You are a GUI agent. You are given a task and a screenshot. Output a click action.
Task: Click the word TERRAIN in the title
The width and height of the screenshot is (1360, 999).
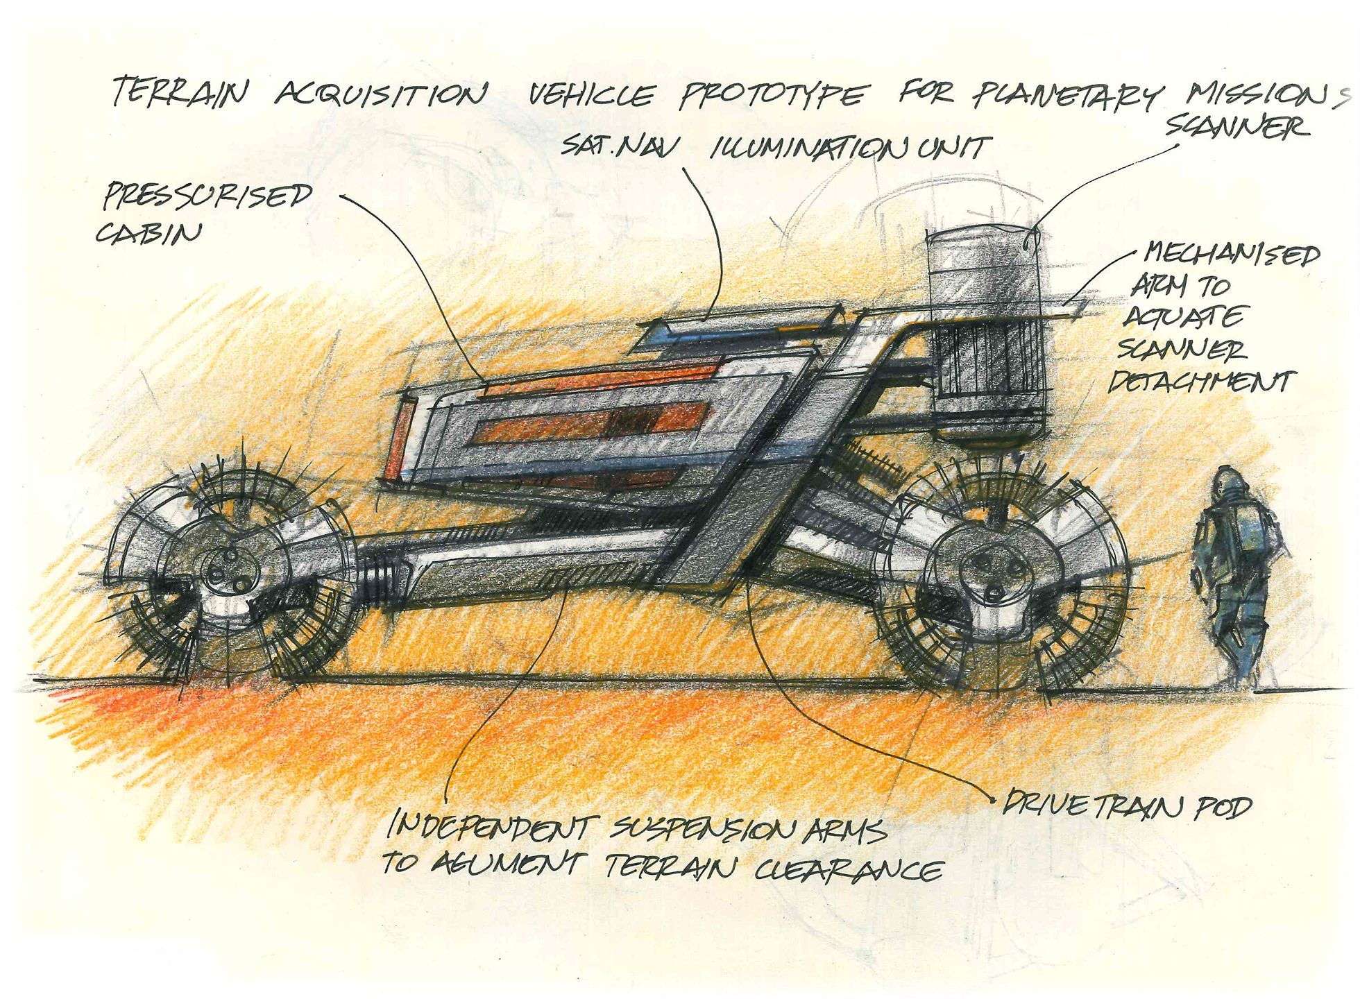(179, 92)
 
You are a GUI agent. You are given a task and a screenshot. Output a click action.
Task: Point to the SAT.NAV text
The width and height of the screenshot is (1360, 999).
(621, 146)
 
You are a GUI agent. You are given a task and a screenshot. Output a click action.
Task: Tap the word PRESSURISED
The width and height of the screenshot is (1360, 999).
(207, 196)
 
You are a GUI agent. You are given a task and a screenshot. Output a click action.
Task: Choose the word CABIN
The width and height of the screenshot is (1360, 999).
(148, 232)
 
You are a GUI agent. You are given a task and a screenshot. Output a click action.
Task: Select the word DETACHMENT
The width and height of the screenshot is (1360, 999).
(1201, 382)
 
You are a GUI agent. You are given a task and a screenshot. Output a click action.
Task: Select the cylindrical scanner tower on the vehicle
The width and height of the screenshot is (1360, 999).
(985, 333)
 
